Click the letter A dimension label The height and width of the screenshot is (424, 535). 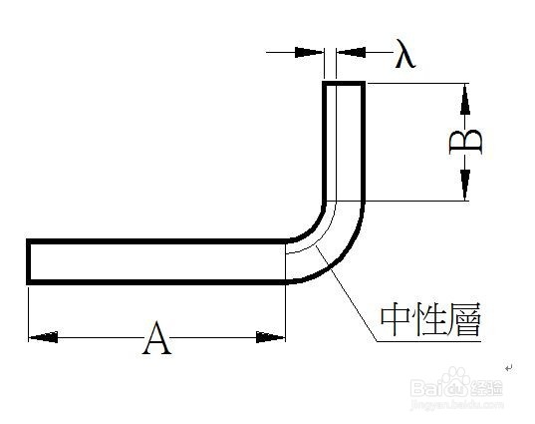(x=156, y=337)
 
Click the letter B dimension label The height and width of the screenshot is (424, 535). (x=465, y=142)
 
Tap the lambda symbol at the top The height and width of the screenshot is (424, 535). (x=405, y=53)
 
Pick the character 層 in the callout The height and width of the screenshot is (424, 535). (x=464, y=320)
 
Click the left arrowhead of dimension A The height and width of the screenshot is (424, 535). (x=43, y=337)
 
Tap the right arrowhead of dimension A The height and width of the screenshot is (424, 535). (x=270, y=337)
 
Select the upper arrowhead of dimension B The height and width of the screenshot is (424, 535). (x=464, y=100)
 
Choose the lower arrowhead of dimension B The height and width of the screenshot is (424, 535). (x=464, y=185)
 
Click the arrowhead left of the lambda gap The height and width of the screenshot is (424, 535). (x=309, y=53)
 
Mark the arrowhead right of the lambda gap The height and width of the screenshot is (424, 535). (x=351, y=53)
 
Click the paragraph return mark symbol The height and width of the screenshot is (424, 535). (x=509, y=368)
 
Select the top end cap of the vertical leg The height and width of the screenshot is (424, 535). (x=344, y=84)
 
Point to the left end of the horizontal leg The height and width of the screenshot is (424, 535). (x=29, y=261)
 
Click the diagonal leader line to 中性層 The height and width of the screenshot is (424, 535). (x=347, y=293)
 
